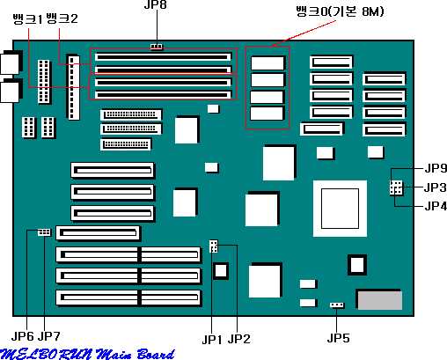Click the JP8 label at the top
(156, 4)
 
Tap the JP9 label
(436, 168)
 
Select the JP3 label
(436, 187)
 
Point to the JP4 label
(436, 206)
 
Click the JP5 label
(339, 338)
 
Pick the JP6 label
(23, 336)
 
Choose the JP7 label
(49, 336)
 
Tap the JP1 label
(212, 340)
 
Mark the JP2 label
(239, 339)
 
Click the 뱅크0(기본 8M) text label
(340, 11)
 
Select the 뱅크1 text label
(28, 18)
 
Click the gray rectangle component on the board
(380, 300)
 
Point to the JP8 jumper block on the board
(157, 47)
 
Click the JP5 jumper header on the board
(337, 305)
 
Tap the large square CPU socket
(340, 209)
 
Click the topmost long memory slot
(163, 56)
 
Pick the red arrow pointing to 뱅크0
(303, 33)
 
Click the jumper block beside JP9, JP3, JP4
(397, 187)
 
